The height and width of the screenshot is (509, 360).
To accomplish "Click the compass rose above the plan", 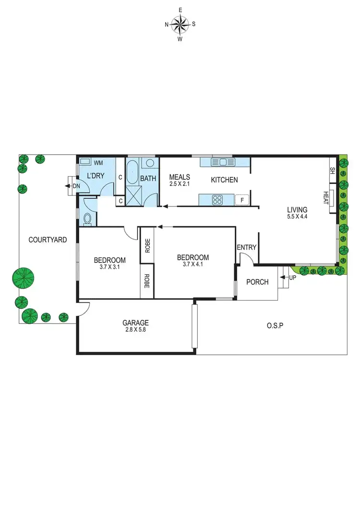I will point(180,24).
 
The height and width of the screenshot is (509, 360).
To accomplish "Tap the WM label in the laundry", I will point(98,163).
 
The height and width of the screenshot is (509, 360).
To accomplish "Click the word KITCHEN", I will point(225,180).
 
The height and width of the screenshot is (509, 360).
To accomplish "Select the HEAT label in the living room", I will point(325,197).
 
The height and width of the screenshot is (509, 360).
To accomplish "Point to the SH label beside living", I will point(332,170).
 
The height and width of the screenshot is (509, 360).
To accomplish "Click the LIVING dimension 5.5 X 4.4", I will point(297,217).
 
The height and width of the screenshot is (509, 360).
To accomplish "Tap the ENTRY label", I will point(247,247).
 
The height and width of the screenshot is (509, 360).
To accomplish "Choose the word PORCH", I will point(257,282).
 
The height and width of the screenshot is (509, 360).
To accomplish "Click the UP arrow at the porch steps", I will point(290,278).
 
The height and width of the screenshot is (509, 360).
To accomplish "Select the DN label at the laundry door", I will point(75,186).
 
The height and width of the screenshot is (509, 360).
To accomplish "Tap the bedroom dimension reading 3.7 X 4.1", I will point(196,264).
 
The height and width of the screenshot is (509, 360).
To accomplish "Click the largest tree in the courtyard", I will point(23,278).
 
